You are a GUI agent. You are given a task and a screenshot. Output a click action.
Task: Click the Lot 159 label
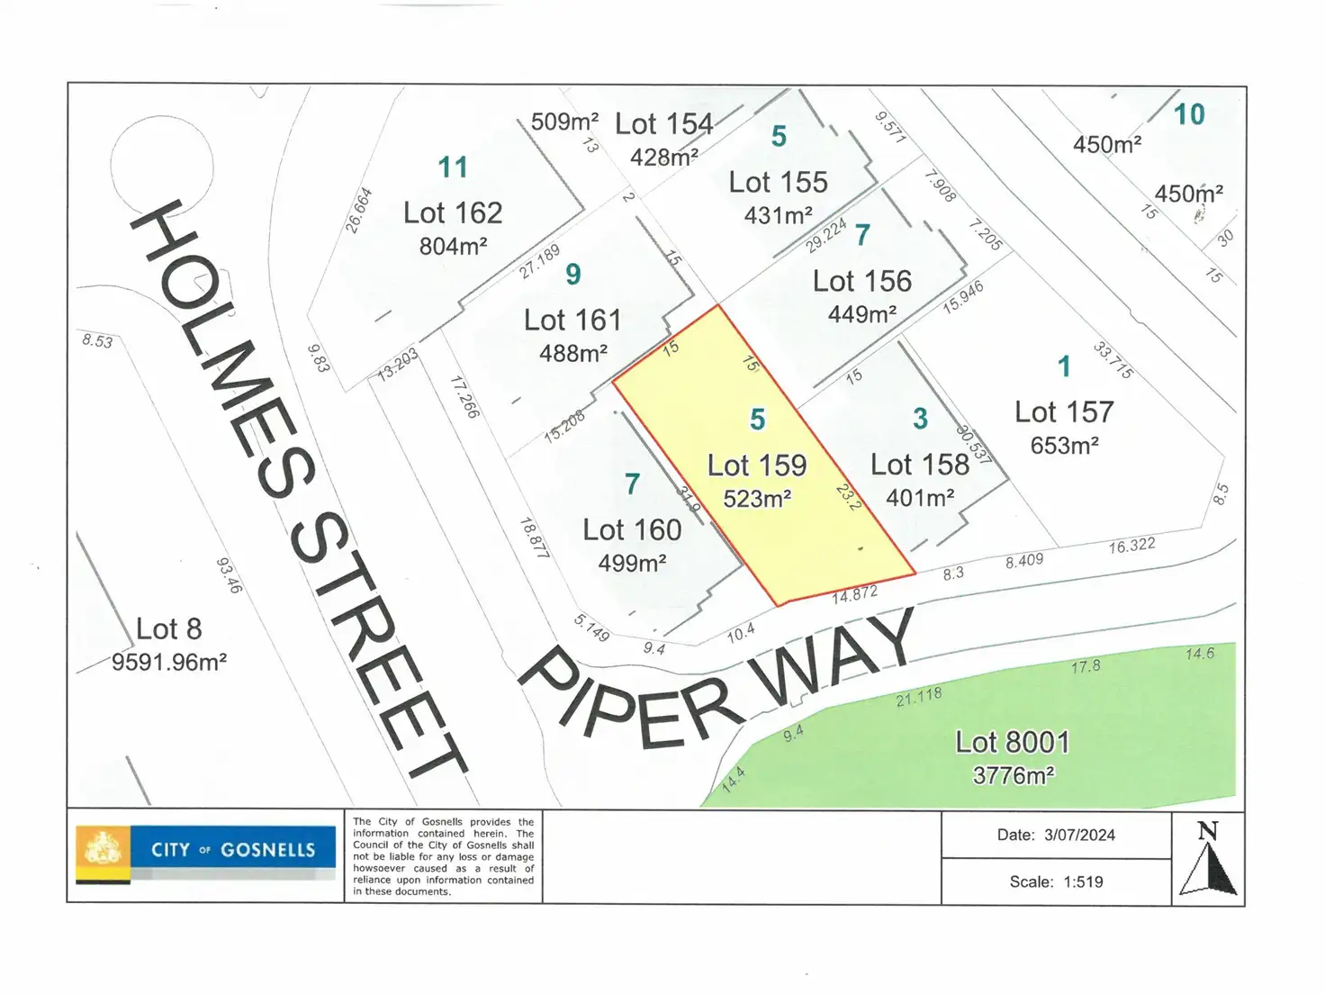(757, 465)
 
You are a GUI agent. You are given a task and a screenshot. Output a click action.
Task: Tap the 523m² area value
(757, 498)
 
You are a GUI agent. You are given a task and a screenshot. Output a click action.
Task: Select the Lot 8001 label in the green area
(1013, 742)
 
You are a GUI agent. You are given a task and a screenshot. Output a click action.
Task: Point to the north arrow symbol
(1208, 859)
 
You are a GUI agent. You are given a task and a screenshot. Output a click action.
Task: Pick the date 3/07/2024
(1079, 835)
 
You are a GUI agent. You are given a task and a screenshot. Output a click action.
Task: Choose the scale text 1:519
(1083, 881)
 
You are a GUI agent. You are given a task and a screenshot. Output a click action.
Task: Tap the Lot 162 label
(453, 212)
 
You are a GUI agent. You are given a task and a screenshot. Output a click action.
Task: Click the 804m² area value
(453, 246)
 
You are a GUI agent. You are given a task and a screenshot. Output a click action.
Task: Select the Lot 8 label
(168, 628)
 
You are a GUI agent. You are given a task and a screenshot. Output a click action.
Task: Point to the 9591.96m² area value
(169, 662)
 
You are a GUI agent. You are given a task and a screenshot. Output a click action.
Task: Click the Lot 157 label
(1064, 412)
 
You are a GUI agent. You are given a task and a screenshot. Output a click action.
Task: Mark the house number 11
(453, 167)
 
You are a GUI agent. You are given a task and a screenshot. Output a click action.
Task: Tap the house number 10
(1189, 114)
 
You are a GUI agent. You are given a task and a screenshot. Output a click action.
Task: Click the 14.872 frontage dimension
(854, 594)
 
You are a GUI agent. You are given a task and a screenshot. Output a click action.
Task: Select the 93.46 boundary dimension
(229, 575)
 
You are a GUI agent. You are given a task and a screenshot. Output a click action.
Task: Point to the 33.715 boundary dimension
(1113, 360)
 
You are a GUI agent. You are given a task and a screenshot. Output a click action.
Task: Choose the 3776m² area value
(1013, 775)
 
